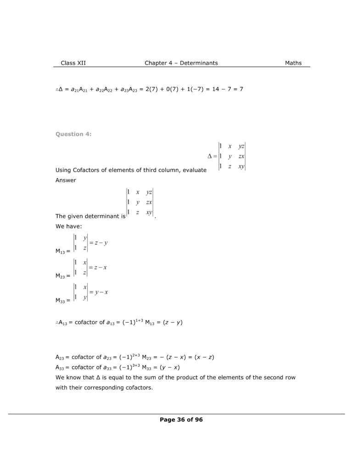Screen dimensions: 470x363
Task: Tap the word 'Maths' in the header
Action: click(x=293, y=63)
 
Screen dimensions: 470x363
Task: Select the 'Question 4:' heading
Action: click(x=73, y=134)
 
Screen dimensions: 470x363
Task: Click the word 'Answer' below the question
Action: click(x=66, y=180)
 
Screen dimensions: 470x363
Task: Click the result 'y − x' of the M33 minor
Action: click(x=101, y=292)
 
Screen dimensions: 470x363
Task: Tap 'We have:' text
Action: click(x=67, y=226)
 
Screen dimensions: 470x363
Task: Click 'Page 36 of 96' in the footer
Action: click(x=181, y=420)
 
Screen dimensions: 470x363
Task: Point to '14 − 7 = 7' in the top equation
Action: click(x=227, y=89)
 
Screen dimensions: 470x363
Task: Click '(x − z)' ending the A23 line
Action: click(x=204, y=357)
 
